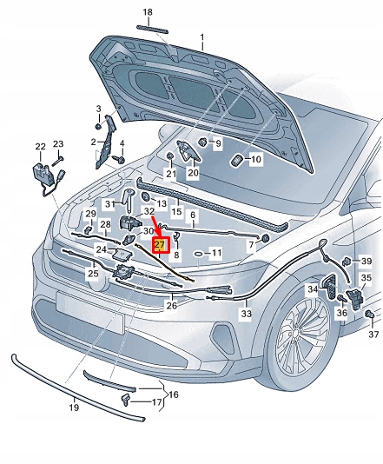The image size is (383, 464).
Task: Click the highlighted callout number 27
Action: tap(159, 245)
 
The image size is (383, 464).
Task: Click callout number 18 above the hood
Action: tap(147, 12)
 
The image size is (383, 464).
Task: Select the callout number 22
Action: tap(40, 146)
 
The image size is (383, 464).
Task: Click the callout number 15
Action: tap(176, 211)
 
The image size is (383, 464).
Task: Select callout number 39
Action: tap(366, 261)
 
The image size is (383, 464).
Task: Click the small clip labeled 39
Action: tap(346, 261)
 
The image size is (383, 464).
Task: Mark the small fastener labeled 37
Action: tap(368, 313)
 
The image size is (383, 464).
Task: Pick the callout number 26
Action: tap(171, 304)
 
